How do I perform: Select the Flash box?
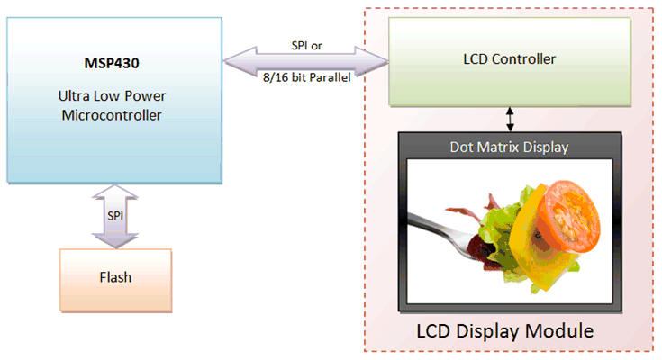pyautogui.click(x=113, y=276)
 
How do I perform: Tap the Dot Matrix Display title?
pyautogui.click(x=510, y=144)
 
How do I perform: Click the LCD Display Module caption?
pyautogui.click(x=504, y=331)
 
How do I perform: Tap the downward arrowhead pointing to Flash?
pyautogui.click(x=115, y=238)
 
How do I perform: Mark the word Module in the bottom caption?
pyautogui.click(x=559, y=331)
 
